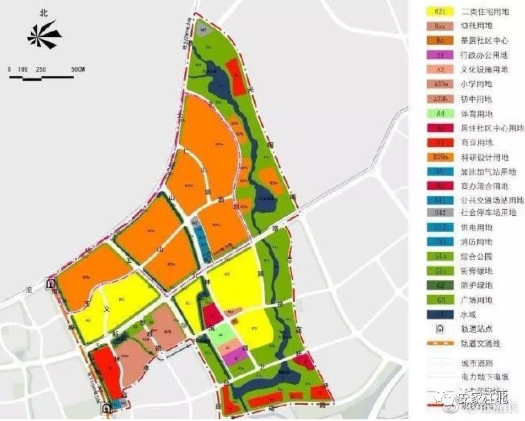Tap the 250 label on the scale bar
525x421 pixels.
(x=40, y=70)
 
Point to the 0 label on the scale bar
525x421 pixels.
(x=9, y=70)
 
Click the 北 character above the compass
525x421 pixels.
(x=45, y=12)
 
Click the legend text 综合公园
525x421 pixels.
(x=478, y=256)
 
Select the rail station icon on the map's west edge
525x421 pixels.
(x=51, y=285)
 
